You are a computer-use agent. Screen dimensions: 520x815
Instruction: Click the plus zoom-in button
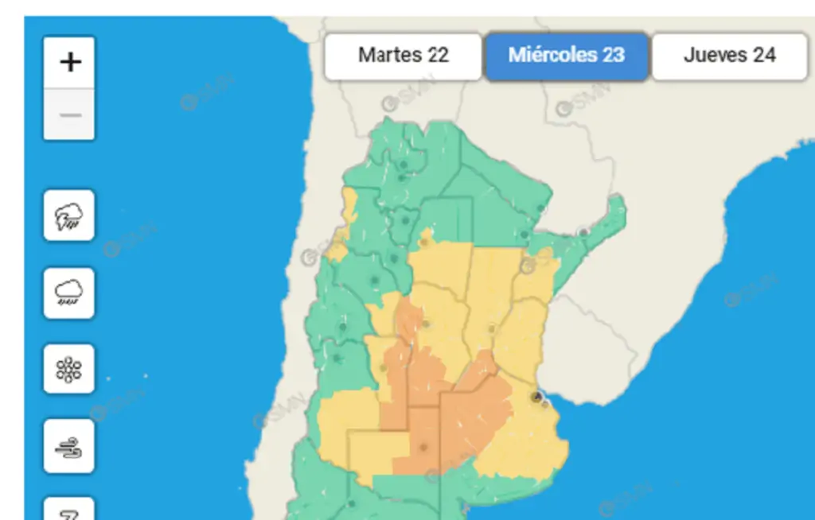[69, 62]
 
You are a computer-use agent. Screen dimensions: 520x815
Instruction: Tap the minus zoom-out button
[69, 115]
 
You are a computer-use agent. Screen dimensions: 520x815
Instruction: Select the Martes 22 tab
[403, 56]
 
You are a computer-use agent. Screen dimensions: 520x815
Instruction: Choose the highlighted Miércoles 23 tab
[567, 56]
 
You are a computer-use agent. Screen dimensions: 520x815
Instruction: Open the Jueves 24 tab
[729, 56]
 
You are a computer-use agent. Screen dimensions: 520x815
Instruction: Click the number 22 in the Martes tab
[438, 56]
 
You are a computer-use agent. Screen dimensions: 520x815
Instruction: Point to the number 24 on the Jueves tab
[765, 56]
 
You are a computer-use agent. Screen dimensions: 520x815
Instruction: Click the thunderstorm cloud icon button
[69, 215]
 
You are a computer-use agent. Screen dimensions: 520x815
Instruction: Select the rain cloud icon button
[69, 293]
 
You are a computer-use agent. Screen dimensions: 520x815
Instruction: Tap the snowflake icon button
[69, 370]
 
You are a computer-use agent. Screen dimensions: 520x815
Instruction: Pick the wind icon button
[69, 446]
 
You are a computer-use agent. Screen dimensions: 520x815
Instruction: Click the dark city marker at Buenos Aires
[537, 396]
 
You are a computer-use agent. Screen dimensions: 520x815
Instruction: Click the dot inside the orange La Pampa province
[423, 448]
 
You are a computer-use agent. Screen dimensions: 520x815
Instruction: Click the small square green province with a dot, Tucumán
[407, 219]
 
